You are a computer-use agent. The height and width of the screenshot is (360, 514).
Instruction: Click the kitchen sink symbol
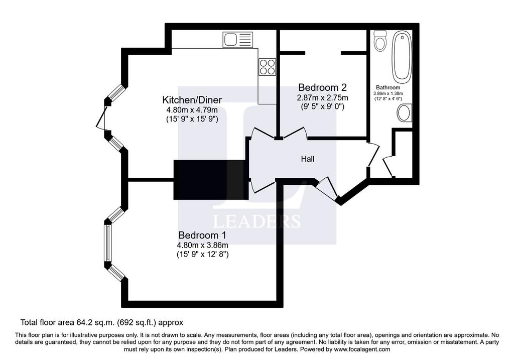pyautogui.click(x=237, y=40)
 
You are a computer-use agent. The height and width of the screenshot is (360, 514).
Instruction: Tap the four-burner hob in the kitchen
pyautogui.click(x=267, y=67)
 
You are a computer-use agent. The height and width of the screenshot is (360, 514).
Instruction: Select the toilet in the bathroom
pyautogui.click(x=380, y=41)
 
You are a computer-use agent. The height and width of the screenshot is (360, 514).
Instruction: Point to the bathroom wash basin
pyautogui.click(x=405, y=113)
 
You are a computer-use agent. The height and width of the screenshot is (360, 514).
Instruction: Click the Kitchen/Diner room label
pyautogui.click(x=192, y=100)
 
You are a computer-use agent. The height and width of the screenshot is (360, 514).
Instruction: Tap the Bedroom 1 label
pyautogui.click(x=202, y=235)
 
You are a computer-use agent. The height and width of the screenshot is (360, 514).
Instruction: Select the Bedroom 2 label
pyautogui.click(x=323, y=87)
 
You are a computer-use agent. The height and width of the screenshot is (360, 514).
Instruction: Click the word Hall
pyautogui.click(x=308, y=159)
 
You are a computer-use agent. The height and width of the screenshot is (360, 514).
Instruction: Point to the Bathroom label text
pyautogui.click(x=388, y=87)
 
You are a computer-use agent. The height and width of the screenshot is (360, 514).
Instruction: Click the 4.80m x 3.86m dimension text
pyautogui.click(x=203, y=245)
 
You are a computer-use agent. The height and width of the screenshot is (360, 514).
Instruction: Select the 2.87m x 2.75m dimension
pyautogui.click(x=323, y=97)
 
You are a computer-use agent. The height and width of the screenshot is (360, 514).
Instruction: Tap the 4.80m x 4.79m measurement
pyautogui.click(x=192, y=110)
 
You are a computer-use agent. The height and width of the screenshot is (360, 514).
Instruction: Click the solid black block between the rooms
pyautogui.click(x=211, y=180)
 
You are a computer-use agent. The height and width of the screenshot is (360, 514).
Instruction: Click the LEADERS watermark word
pyautogui.click(x=256, y=221)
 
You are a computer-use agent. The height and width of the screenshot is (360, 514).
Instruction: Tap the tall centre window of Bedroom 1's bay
pyautogui.click(x=107, y=243)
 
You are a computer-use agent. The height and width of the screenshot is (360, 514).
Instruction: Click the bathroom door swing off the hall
pyautogui.click(x=373, y=154)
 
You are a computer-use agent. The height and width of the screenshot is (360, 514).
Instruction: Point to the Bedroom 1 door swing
pyautogui.click(x=262, y=186)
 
